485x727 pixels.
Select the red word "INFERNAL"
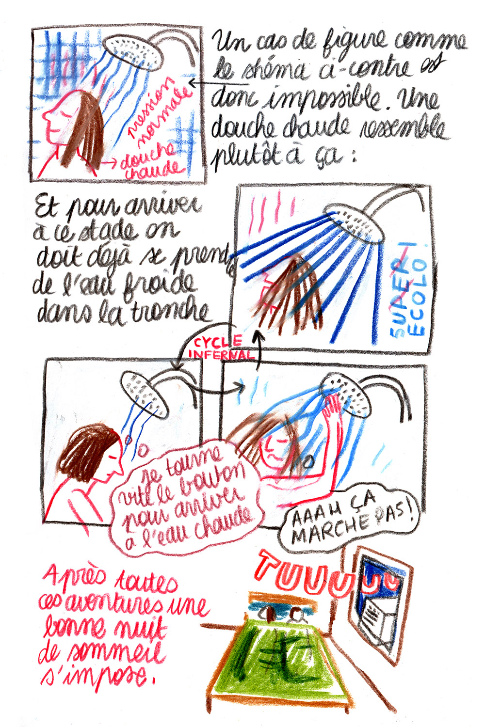click(221, 354)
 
